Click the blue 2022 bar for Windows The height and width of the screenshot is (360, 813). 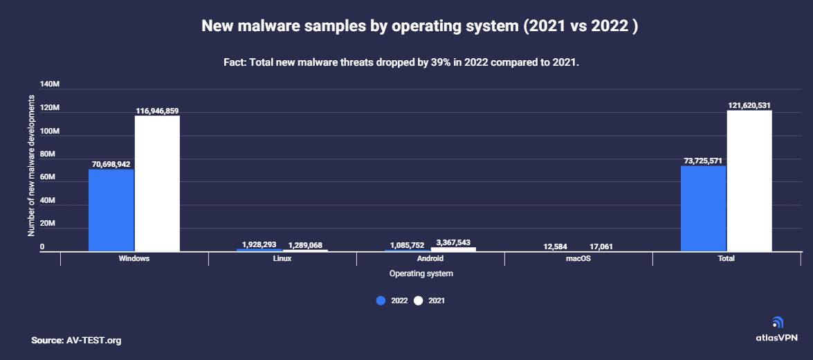[111, 210]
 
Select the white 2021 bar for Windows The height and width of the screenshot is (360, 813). [157, 183]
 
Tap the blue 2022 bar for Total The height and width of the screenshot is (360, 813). [703, 208]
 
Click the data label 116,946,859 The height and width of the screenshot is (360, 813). [157, 111]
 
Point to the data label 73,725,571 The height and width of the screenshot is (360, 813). [703, 161]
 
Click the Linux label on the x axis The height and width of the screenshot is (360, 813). [282, 258]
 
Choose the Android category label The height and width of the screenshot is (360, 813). [430, 258]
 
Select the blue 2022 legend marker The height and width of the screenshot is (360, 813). [381, 300]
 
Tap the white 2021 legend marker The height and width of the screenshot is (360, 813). [419, 300]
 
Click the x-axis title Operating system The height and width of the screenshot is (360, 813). [421, 273]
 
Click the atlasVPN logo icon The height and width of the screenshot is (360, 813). [777, 323]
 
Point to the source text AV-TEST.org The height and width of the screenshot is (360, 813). [94, 340]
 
